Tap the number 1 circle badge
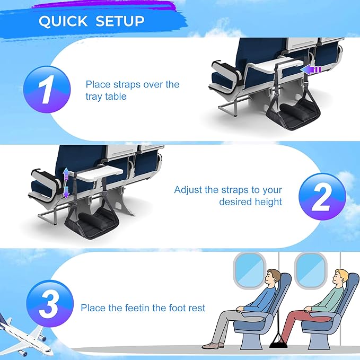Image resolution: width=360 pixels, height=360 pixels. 47,90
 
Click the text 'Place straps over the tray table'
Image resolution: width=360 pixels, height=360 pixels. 133,91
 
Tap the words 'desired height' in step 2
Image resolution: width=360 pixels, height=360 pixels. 250,202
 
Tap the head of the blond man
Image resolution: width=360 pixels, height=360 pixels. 340,277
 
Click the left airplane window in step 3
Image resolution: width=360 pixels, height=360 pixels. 249,270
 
